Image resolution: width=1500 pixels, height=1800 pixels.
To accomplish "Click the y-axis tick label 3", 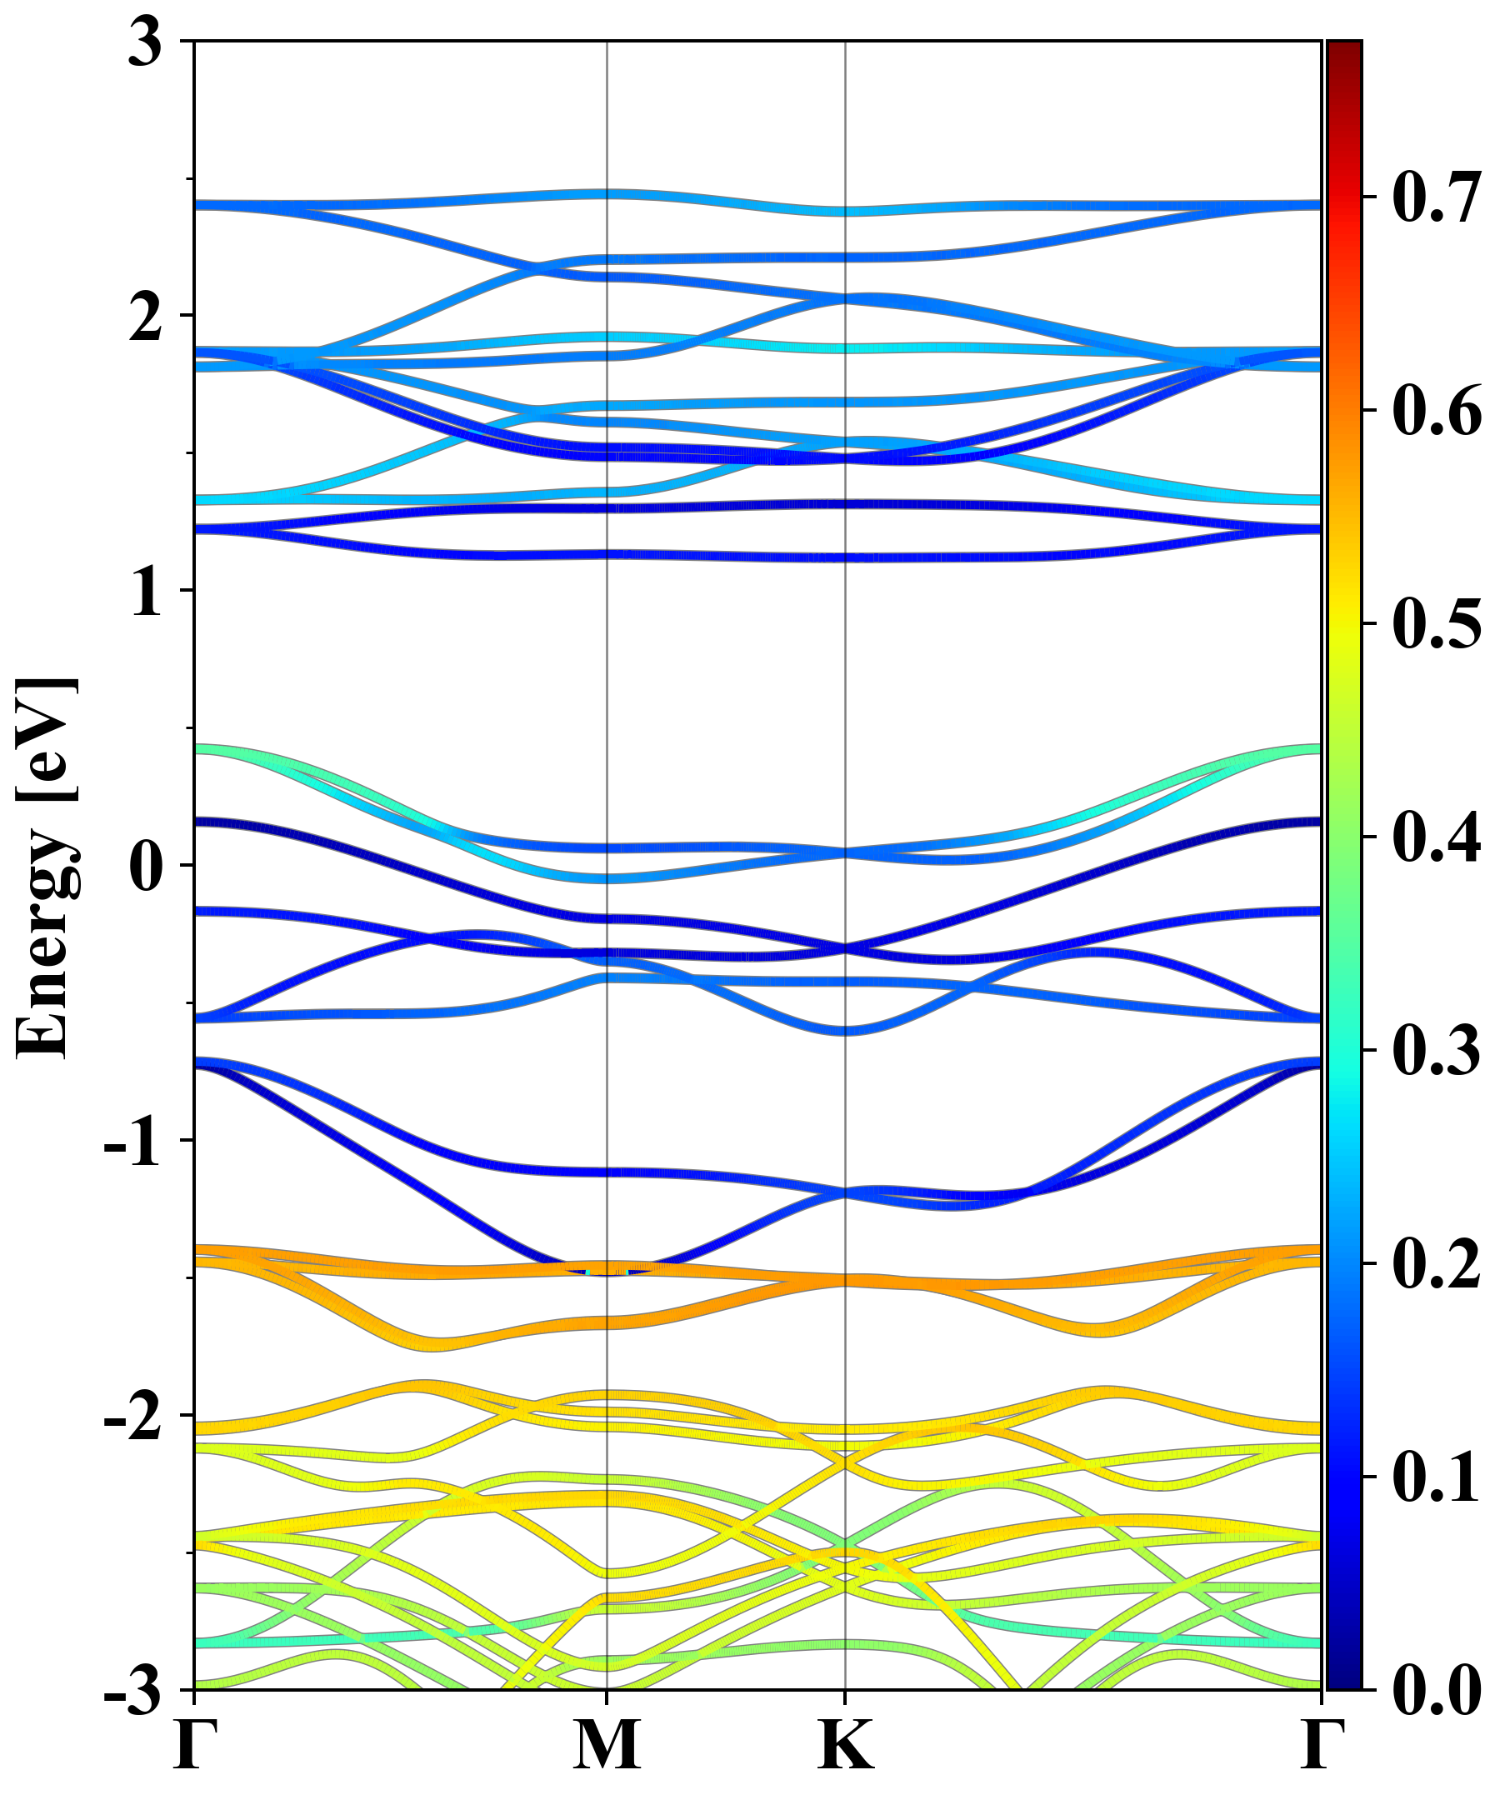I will coord(145,42).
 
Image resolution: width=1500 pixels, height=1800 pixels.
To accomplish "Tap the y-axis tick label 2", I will coord(145,317).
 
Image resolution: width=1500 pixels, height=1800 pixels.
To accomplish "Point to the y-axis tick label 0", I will coord(145,867).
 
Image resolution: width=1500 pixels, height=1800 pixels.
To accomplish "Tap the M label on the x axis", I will coord(607,1745).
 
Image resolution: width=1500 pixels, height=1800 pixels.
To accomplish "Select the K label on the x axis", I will coord(846,1745).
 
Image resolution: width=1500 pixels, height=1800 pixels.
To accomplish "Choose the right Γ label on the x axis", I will coord(1321,1745).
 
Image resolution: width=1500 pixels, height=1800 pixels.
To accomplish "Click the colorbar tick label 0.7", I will coord(1436,198).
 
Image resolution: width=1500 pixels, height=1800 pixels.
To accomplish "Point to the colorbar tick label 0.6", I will coord(1436,412).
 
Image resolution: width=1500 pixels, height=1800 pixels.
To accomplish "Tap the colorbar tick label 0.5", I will coord(1436,624).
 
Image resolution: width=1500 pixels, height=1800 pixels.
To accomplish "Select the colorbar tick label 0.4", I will coord(1436,837).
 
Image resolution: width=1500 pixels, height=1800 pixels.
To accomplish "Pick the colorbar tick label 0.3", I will coord(1436,1051).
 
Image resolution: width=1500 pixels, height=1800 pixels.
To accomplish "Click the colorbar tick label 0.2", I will coord(1436,1263).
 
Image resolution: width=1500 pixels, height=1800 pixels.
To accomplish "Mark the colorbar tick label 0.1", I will coord(1436,1477).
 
